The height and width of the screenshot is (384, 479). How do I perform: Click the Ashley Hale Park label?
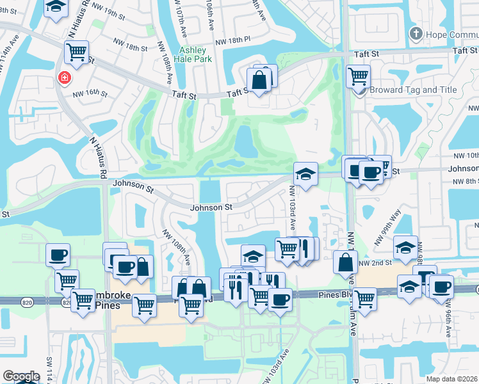pos(193,55)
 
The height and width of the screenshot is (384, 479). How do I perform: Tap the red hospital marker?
pos(64,78)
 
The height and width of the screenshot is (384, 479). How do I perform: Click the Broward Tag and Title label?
pos(405,90)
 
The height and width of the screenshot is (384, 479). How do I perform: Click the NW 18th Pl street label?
pos(232,41)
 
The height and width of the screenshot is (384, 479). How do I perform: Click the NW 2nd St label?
pos(375,263)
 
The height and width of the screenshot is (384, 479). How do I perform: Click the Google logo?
pos(21,376)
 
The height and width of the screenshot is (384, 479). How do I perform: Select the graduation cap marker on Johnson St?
pos(306,173)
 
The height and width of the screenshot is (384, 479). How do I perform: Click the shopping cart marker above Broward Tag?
pos(358,77)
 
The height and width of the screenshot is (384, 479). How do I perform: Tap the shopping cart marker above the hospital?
pos(77,52)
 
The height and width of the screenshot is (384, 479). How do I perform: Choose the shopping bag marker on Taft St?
pos(259,81)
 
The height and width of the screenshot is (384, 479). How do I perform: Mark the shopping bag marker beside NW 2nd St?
pos(345,262)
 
